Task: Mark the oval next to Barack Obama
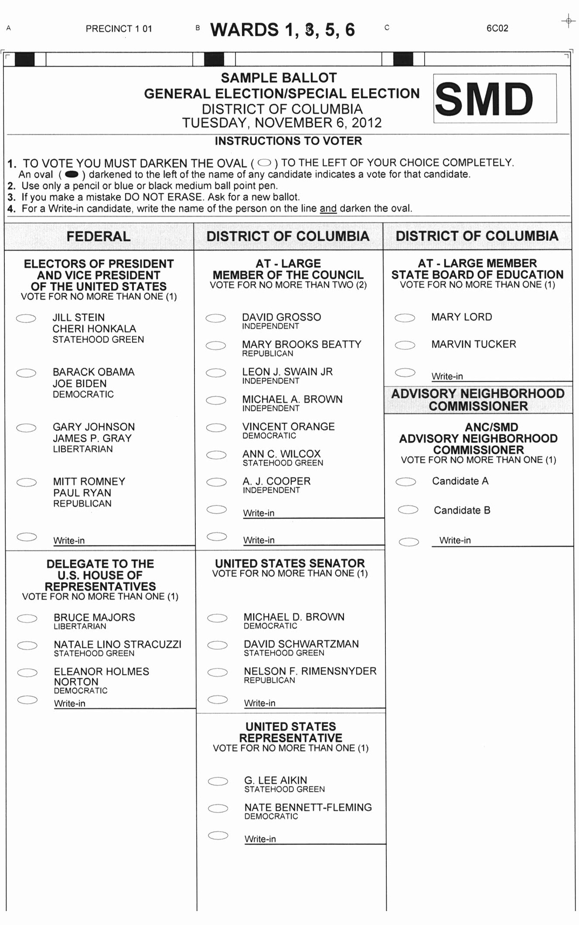tap(26, 373)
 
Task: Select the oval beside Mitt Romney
tap(27, 482)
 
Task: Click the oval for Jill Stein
tap(26, 318)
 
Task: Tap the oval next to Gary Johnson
tap(26, 428)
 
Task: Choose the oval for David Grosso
tap(216, 318)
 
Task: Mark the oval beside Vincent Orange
tap(216, 428)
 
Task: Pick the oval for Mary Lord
tap(405, 318)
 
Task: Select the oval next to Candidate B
tap(408, 510)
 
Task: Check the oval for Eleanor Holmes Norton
tap(27, 673)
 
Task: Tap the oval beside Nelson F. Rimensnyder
tap(218, 672)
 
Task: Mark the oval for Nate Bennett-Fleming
tap(218, 809)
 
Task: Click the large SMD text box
tap(495, 98)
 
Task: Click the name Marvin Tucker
tap(473, 344)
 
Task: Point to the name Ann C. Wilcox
tap(281, 454)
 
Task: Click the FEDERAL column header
tap(99, 236)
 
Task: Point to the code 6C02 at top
tap(497, 28)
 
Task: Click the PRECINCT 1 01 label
tap(119, 29)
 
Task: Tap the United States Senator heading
tap(290, 563)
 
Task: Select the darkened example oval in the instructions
tap(72, 175)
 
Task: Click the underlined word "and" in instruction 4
tap(328, 209)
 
